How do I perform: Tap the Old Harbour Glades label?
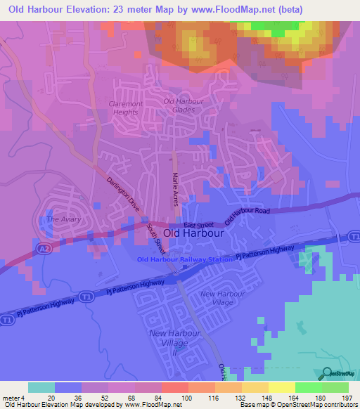coord(184,105)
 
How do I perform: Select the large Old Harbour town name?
coord(193,235)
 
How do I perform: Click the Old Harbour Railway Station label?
coord(184,260)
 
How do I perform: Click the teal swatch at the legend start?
coord(41,387)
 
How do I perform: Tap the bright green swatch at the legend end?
coord(335,387)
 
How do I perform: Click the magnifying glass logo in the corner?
coord(326,373)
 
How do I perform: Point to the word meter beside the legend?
coord(11,398)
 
